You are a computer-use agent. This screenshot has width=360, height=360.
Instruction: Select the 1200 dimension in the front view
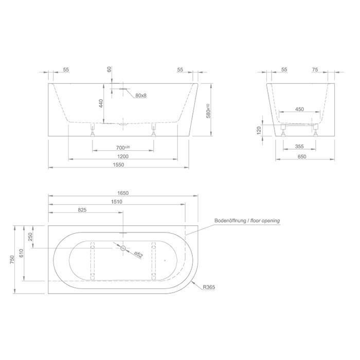point(122,156)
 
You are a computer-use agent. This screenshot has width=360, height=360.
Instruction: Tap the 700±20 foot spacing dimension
point(122,147)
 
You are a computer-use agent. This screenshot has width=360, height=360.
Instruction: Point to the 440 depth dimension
point(102,104)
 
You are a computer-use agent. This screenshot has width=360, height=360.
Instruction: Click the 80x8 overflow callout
point(141,96)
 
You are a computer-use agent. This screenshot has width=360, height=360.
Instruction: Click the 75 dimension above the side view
point(315,69)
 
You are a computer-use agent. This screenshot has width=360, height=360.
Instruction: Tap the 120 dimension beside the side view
point(259,131)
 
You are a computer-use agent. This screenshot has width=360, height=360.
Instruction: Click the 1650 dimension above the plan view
point(122,193)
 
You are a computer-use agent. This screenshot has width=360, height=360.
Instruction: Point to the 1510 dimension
point(117,202)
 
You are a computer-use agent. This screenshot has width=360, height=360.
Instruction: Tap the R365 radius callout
point(209,287)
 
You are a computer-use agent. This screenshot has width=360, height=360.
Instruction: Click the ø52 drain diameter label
point(138,254)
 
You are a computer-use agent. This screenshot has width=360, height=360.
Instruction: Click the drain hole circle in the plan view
point(123,248)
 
